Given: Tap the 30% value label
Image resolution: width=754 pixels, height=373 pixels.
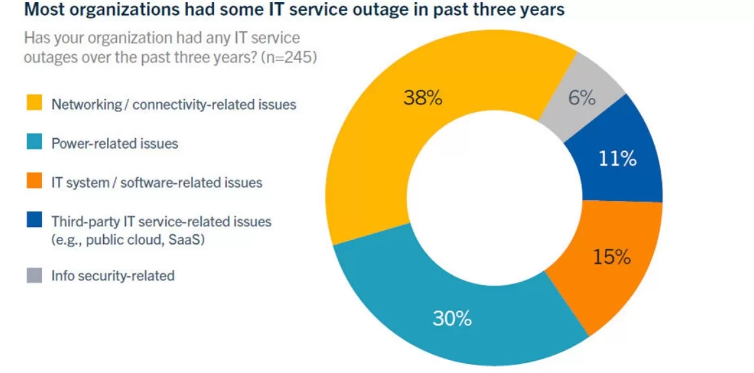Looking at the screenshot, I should (452, 318).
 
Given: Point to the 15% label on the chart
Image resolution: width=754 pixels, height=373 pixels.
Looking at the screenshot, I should (612, 257).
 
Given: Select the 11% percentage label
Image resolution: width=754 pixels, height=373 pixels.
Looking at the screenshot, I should (618, 158).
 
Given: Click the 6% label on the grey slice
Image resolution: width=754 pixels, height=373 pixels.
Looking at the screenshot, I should (582, 98).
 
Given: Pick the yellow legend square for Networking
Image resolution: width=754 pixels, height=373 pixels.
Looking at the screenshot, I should (35, 104).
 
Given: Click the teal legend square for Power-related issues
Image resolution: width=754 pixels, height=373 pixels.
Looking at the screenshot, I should (35, 143).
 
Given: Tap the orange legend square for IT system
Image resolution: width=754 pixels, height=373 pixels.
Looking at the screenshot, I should (35, 182).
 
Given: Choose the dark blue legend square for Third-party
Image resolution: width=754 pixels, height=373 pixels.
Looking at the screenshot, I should (35, 221).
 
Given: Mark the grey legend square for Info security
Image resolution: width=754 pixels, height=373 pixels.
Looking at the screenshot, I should (35, 275).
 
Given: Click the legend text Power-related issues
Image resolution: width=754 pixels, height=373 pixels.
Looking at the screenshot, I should (115, 143).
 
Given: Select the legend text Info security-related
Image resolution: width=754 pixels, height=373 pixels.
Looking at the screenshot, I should (113, 276).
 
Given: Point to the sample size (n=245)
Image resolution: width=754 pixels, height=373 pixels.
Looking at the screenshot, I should (289, 57).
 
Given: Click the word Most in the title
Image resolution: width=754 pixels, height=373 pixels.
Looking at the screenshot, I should (44, 10).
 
